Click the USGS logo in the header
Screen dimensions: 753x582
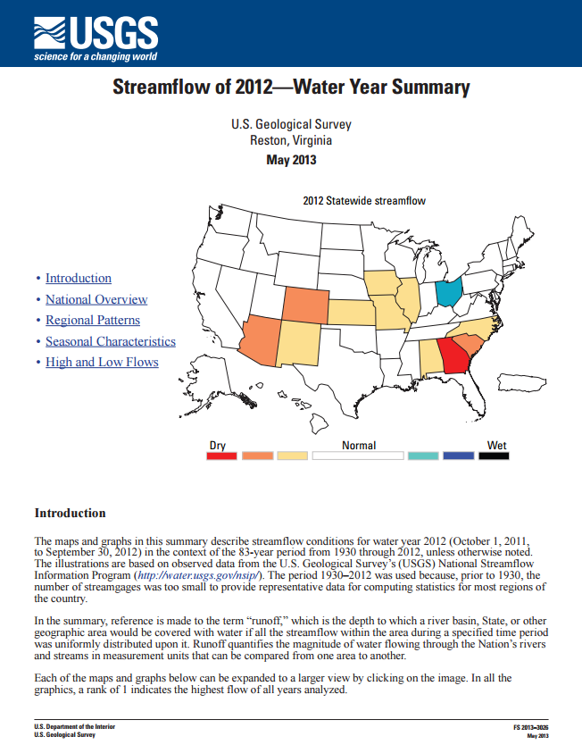click(x=95, y=37)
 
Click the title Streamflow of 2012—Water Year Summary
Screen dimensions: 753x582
click(x=291, y=88)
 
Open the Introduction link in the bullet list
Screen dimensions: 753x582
click(x=79, y=279)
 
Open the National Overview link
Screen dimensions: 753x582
click(x=96, y=300)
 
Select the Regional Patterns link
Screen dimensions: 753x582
click(x=93, y=321)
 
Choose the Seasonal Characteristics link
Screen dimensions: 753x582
click(x=111, y=341)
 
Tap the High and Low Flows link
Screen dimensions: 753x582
click(x=102, y=362)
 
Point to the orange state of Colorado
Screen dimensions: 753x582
click(x=305, y=305)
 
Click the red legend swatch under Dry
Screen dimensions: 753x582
click(x=221, y=456)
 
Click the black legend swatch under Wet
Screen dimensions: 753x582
click(x=493, y=456)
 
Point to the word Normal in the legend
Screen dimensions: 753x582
click(x=359, y=445)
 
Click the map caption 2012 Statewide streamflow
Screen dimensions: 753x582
click(x=364, y=201)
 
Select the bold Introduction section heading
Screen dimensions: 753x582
click(x=70, y=513)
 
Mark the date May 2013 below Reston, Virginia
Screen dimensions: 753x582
click(x=291, y=160)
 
